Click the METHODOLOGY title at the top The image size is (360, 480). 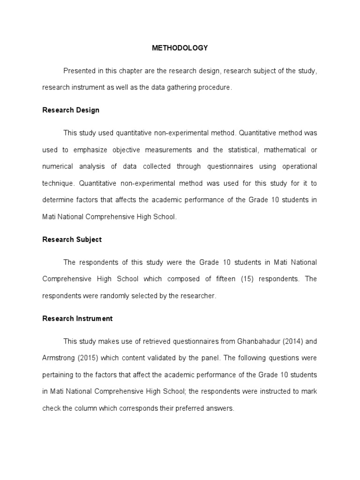180,48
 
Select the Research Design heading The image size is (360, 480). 71,110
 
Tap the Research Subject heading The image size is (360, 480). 72,240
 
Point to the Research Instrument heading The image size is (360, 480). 77,318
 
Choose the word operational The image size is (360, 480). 300,166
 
